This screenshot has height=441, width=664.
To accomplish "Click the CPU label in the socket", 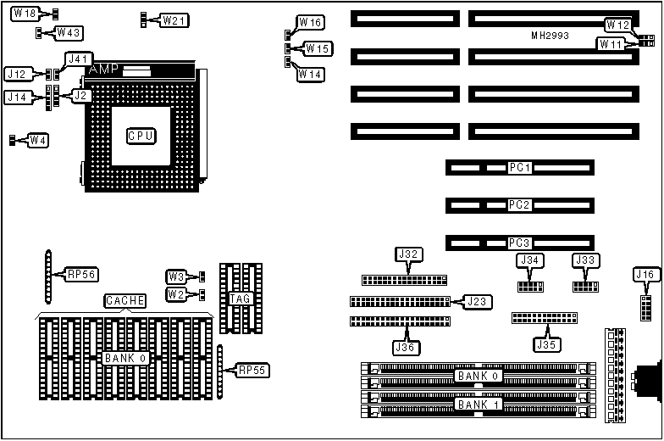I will [141, 136].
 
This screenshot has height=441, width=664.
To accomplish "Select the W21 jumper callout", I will [174, 20].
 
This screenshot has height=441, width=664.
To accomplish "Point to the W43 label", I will [68, 32].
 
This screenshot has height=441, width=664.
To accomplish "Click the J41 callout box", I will [78, 59].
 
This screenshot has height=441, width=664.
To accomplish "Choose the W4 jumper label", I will [38, 140].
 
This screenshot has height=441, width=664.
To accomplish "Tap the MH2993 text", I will [550, 36].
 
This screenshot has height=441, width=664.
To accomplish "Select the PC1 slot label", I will [519, 168].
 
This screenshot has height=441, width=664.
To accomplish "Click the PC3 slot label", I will [519, 243].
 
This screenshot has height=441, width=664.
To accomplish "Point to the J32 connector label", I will [408, 254].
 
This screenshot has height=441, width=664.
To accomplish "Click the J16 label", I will [645, 274].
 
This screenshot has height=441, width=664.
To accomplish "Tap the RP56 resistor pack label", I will [82, 274].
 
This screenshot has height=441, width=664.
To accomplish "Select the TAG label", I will [237, 298].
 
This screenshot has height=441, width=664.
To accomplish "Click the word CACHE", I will [125, 300].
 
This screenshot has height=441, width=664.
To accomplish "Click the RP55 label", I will [252, 370].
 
